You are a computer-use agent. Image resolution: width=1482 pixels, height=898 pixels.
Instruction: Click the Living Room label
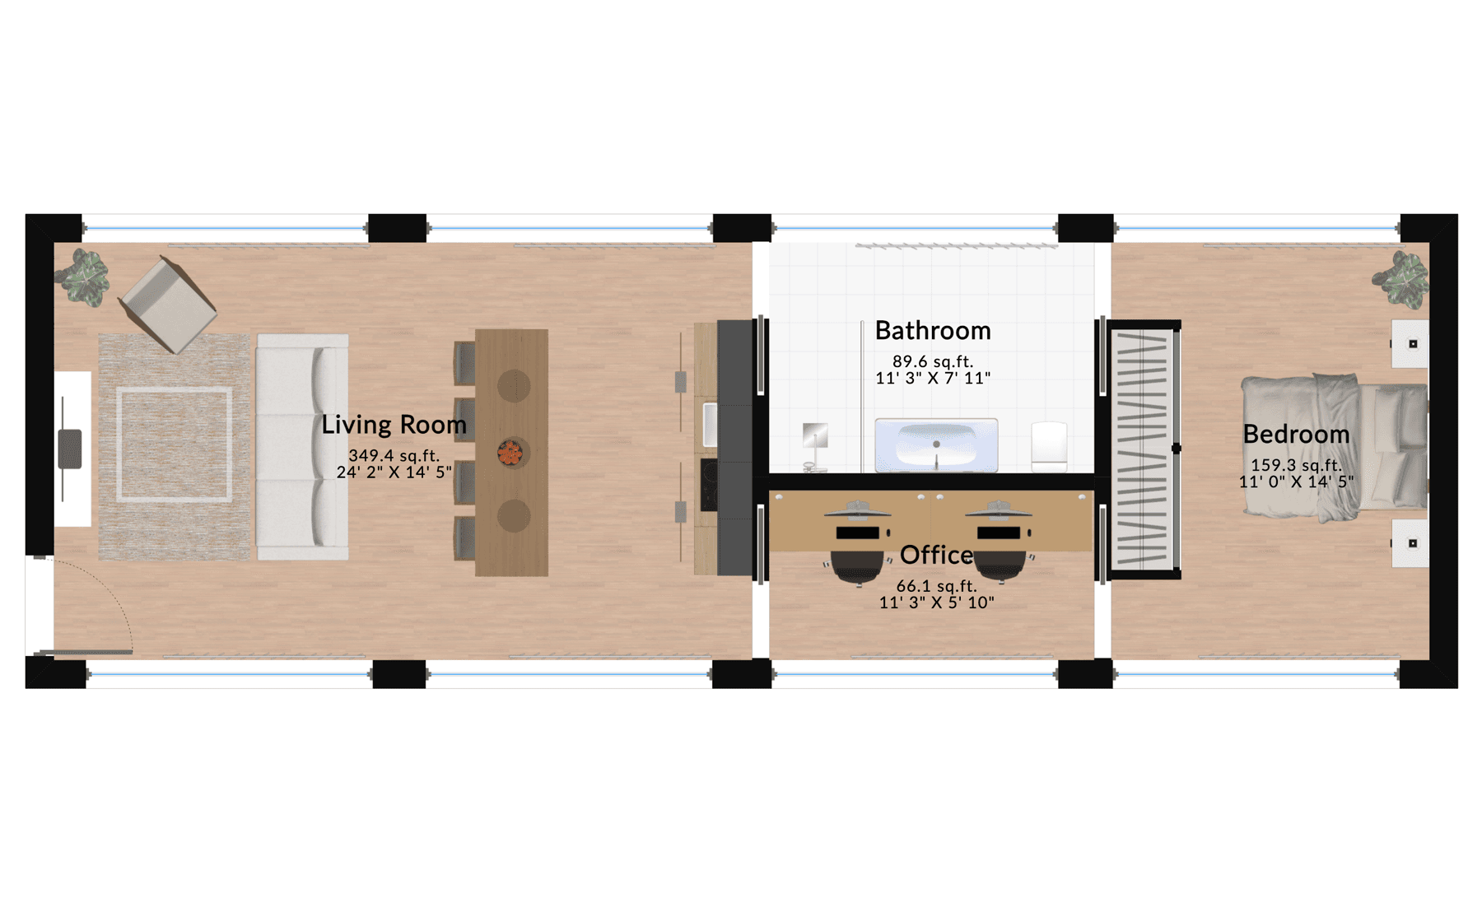394,425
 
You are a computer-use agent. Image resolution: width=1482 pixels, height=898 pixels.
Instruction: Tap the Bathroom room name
933,331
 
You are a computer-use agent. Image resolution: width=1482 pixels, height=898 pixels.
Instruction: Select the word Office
936,556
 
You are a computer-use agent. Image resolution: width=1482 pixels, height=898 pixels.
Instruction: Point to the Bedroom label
1296,435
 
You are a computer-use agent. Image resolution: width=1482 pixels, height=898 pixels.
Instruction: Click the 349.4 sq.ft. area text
394,455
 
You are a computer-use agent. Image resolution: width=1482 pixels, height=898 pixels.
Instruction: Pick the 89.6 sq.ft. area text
933,361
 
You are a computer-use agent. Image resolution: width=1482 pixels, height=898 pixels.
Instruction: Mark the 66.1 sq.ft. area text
936,586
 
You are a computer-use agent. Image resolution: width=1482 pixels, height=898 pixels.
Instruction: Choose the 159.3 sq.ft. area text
1296,465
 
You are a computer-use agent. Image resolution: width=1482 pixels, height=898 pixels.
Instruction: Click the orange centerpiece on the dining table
510,452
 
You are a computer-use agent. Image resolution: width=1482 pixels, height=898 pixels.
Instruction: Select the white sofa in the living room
302,447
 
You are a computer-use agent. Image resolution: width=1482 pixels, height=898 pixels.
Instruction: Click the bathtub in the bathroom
936,445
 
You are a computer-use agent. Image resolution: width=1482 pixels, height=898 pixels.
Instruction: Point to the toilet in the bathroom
1049,447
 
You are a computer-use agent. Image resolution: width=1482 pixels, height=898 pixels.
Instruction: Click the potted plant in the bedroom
1401,280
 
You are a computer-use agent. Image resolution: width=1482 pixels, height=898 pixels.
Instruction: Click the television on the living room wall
69,449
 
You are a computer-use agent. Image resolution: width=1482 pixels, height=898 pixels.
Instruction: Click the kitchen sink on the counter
710,425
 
